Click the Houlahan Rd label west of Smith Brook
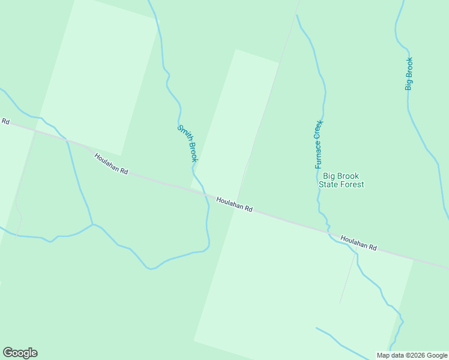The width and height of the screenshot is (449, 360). click(x=111, y=163)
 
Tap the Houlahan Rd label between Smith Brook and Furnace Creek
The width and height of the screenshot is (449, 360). click(x=234, y=205)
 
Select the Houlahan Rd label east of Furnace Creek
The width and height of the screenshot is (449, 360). click(x=358, y=243)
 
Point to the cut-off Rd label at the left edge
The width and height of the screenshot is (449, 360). click(x=5, y=121)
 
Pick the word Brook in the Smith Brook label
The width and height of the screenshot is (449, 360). click(x=191, y=152)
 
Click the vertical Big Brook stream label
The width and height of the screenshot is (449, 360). click(x=409, y=74)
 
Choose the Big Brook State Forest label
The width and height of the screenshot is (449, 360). click(x=341, y=180)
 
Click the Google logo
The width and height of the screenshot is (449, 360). click(x=20, y=353)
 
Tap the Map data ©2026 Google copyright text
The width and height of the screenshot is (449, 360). click(x=412, y=355)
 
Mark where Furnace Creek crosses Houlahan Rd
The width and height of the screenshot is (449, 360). click(x=328, y=229)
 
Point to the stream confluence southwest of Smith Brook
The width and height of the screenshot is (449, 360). click(x=92, y=224)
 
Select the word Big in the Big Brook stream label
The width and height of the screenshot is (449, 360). click(x=409, y=84)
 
